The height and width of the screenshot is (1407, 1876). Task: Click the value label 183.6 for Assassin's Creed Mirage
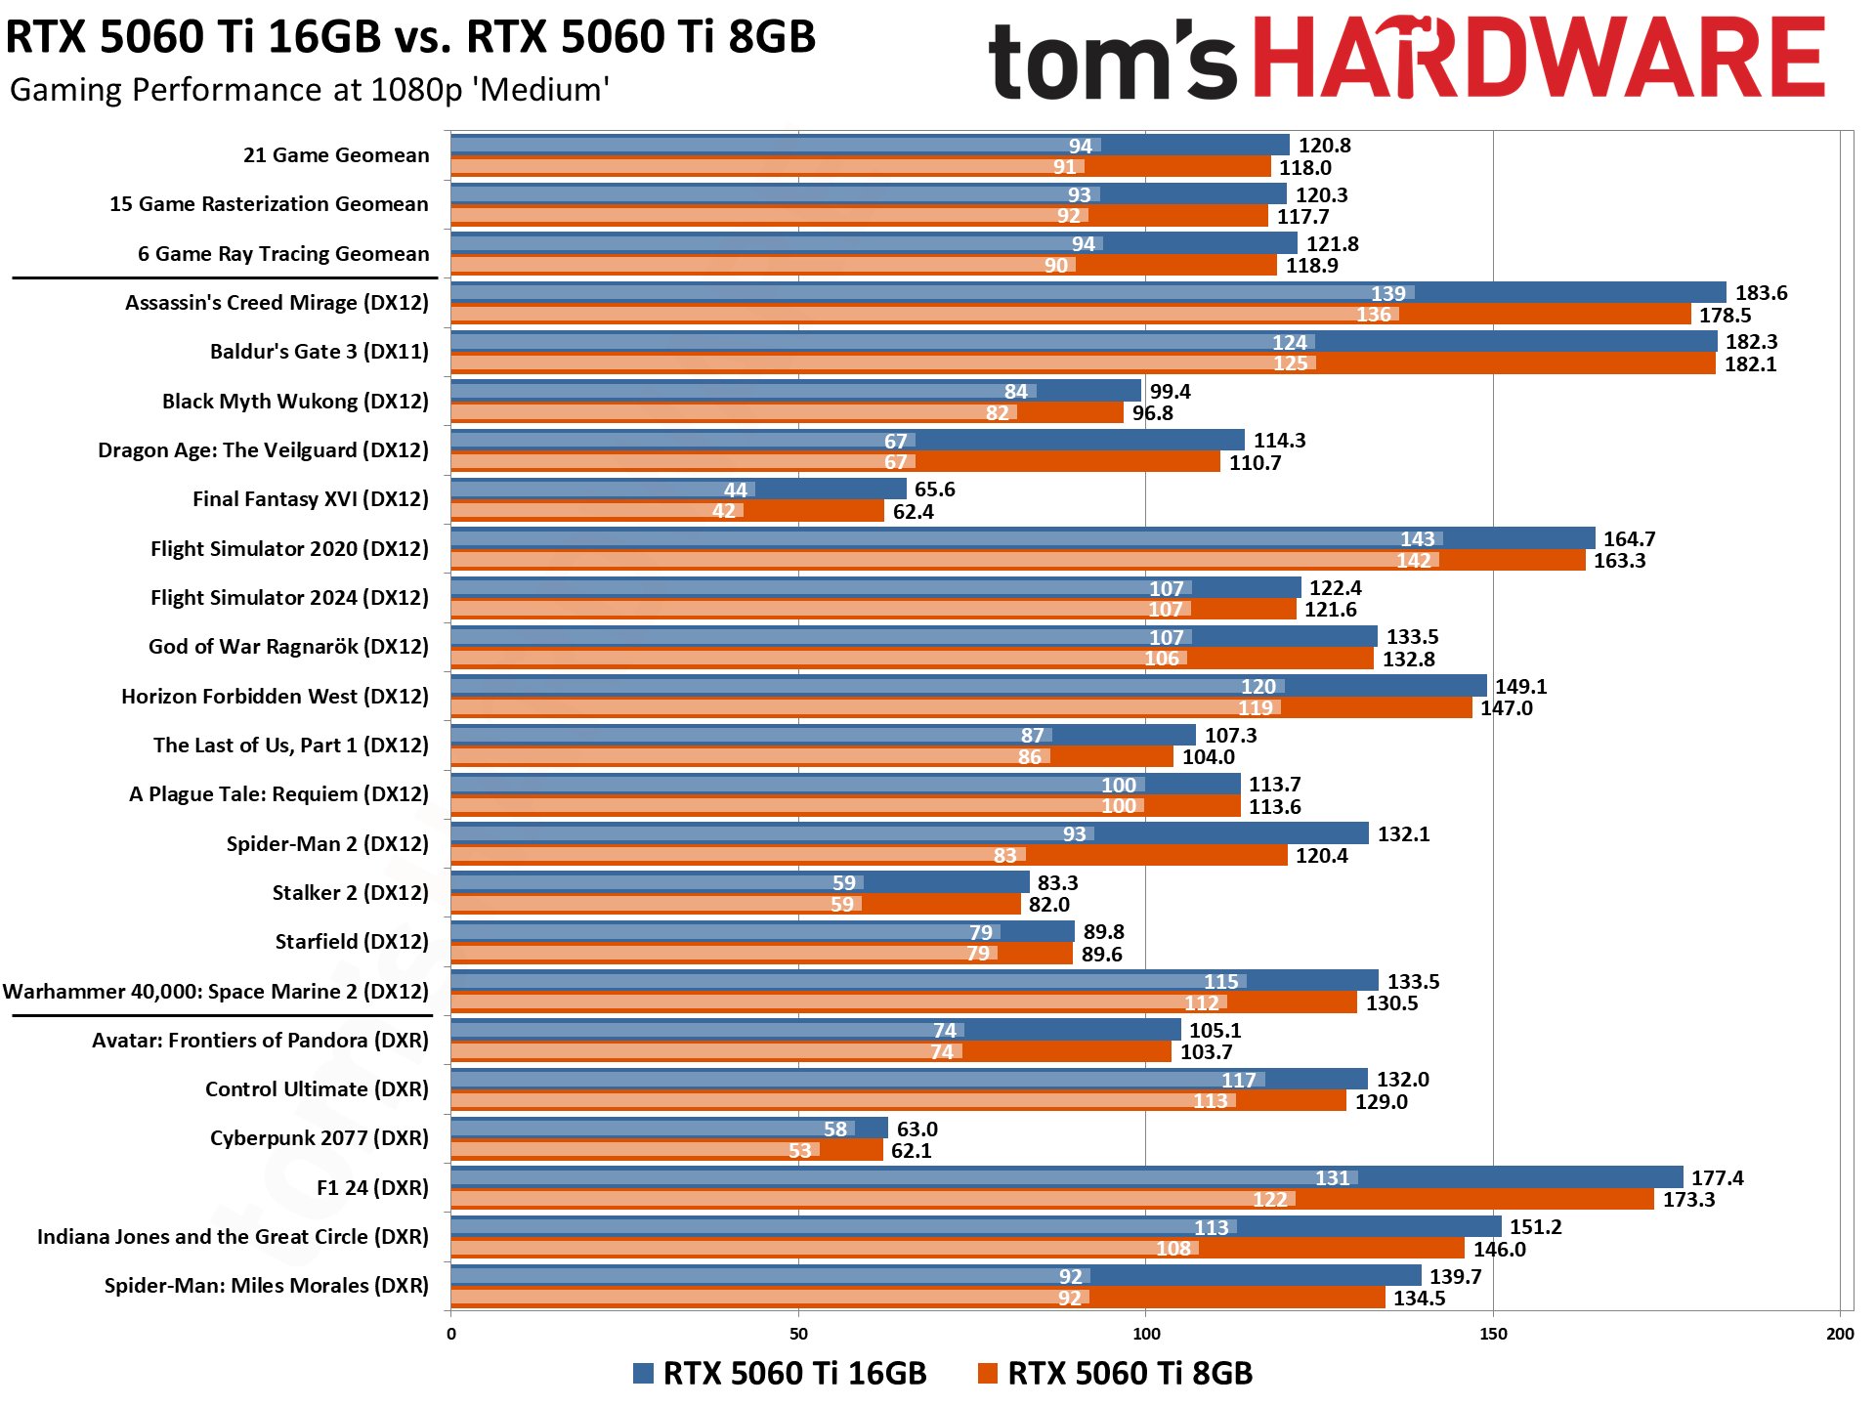pos(1761,293)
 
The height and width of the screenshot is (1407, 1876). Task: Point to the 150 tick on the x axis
pos(1493,1335)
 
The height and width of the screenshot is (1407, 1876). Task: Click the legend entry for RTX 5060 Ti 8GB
pos(1115,1374)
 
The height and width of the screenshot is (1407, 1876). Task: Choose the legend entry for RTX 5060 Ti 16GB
pos(780,1374)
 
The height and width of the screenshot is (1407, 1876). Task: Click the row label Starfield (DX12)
pos(352,942)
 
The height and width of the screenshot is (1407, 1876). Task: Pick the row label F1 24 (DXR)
pos(372,1188)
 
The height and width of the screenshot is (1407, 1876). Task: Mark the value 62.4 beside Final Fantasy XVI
pos(914,512)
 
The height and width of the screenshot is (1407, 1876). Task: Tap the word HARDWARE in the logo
pos(1538,59)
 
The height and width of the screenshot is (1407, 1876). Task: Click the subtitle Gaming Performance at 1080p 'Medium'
pos(310,90)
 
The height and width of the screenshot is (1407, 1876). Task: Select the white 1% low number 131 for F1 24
pos(1332,1178)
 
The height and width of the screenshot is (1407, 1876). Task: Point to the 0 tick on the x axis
pos(450,1335)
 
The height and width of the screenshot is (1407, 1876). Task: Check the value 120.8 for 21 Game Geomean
pos(1324,146)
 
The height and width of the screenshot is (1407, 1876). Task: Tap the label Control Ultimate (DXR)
pos(317,1089)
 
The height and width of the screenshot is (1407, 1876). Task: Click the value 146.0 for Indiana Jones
pos(1499,1250)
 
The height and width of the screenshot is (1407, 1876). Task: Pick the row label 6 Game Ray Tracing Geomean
pos(283,254)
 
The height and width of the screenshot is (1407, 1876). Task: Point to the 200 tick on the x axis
pos(1839,1335)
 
